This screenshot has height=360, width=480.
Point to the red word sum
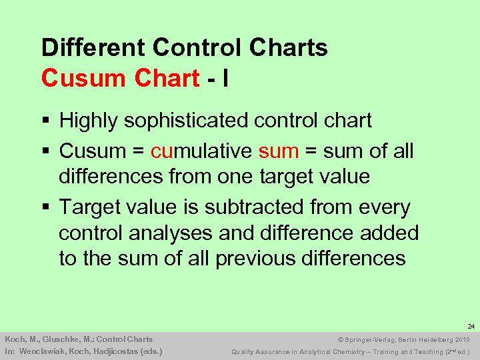[278, 151]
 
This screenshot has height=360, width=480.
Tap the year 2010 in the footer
[461, 339]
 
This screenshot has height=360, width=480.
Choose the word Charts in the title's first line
[292, 48]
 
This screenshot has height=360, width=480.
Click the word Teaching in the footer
[408, 351]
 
